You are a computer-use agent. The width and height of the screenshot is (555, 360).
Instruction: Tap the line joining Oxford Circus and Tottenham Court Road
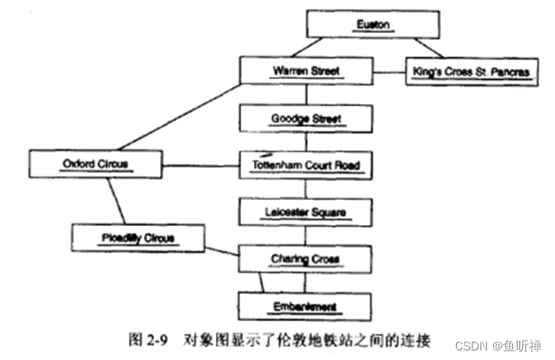click(201, 163)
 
